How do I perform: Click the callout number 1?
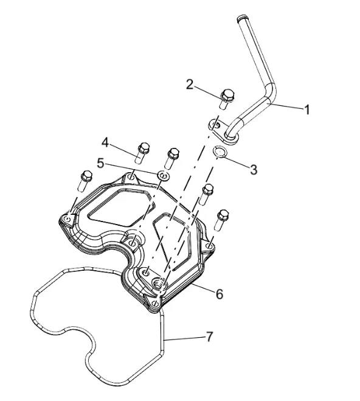(x=307, y=110)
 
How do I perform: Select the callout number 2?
(x=190, y=85)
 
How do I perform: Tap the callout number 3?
(x=254, y=169)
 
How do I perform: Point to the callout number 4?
(x=105, y=142)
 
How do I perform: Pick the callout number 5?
(x=101, y=163)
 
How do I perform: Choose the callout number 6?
(x=220, y=294)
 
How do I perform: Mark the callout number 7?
(x=209, y=336)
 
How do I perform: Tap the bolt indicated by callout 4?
(x=142, y=153)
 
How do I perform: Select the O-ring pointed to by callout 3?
(x=219, y=152)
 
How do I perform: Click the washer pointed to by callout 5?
(x=163, y=176)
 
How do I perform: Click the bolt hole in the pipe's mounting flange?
(x=217, y=125)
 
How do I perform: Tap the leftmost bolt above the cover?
(x=85, y=181)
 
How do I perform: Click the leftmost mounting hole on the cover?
(x=67, y=219)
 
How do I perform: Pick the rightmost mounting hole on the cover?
(x=210, y=246)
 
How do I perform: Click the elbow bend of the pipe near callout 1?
(x=271, y=90)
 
